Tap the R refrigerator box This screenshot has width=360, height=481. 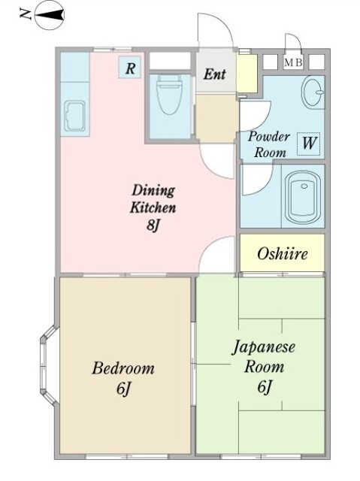pos(131,68)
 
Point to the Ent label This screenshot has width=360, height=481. pos(215,75)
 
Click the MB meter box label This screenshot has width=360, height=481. pos(293,62)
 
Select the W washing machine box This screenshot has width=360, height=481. pos(308,141)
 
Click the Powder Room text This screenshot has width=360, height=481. pos(268,144)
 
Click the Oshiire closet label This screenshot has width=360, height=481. pos(282,253)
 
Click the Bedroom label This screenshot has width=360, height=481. pos(123,368)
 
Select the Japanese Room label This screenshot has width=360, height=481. pos(262,357)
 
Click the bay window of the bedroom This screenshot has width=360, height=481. pos(47,365)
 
